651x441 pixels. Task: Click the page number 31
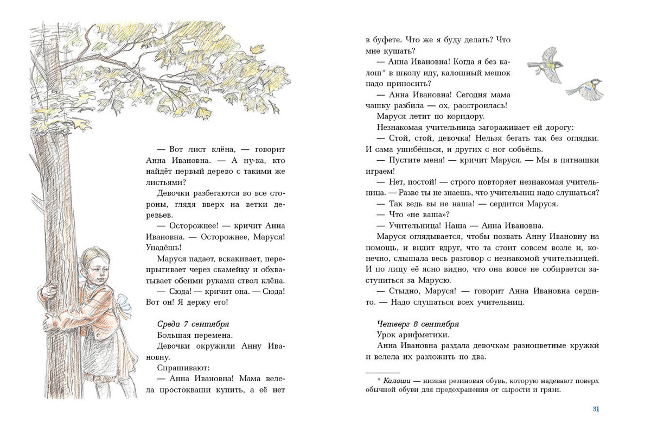tap(596, 409)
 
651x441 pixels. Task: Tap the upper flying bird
tap(546, 64)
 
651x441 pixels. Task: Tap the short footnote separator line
tap(383, 373)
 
